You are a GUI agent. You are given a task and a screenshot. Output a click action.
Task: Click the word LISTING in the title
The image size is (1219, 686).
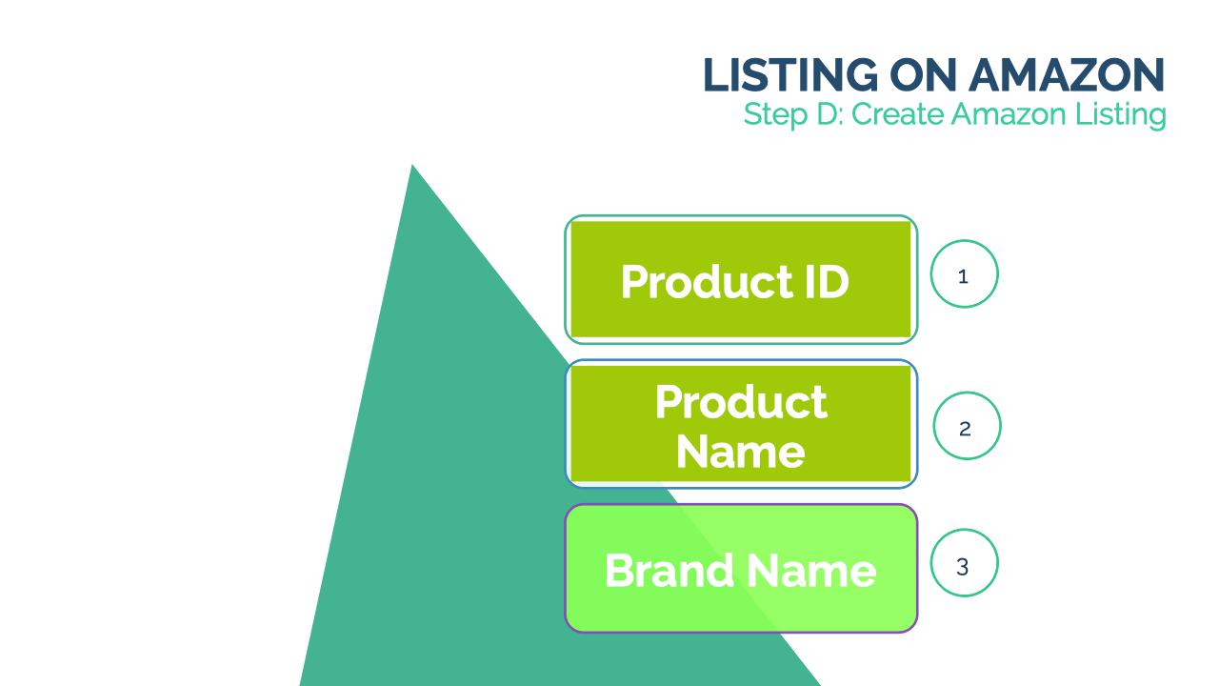[790, 74]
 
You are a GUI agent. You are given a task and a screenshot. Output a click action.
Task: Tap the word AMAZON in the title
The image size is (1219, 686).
[1067, 74]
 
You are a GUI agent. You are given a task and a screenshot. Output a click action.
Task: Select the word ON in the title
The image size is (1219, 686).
[923, 74]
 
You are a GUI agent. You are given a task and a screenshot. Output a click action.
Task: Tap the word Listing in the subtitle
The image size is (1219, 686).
[1121, 115]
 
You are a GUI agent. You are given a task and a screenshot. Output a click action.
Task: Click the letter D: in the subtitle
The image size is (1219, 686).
[829, 114]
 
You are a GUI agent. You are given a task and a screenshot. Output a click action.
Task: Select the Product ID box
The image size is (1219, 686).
[741, 279]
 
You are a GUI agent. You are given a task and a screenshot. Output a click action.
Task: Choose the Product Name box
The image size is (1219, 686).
[741, 424]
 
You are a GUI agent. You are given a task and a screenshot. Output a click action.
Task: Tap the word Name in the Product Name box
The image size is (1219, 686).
[741, 452]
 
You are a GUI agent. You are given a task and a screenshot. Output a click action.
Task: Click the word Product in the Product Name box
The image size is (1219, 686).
[741, 402]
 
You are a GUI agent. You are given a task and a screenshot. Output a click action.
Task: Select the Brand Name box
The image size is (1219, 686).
[741, 569]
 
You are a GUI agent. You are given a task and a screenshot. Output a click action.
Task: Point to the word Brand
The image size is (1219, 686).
[669, 570]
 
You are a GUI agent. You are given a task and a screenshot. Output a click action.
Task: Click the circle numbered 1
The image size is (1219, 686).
[964, 273]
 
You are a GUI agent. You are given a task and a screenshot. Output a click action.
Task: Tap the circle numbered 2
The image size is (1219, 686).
[967, 426]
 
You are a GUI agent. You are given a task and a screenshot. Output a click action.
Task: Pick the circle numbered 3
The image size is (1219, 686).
[964, 563]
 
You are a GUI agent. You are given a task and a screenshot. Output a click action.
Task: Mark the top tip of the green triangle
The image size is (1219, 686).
[412, 165]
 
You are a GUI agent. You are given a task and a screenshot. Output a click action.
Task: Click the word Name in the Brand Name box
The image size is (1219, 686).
[811, 570]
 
